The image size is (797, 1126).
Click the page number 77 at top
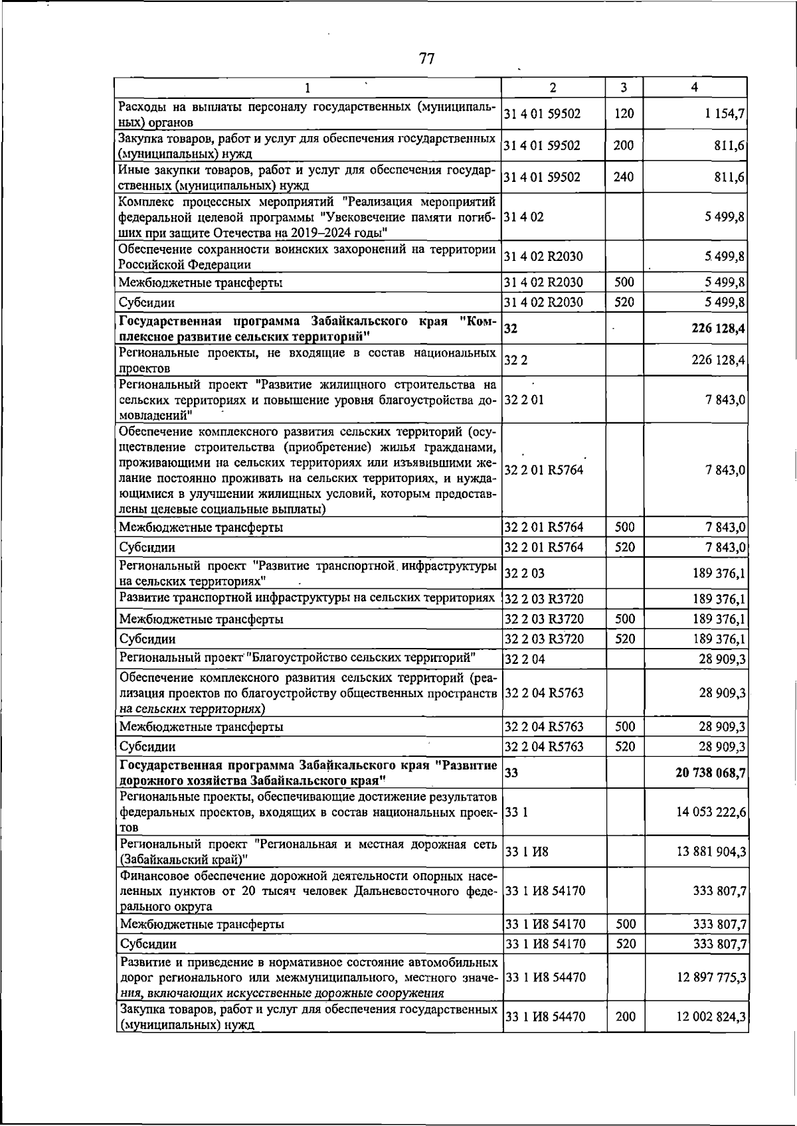[x=427, y=59]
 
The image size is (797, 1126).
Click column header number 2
[x=553, y=88]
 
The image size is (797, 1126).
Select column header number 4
[x=694, y=88]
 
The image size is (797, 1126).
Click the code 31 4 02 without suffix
[x=525, y=217]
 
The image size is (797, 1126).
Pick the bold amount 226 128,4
[x=717, y=328]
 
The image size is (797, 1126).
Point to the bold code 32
[x=511, y=328]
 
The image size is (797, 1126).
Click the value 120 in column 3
[x=624, y=114]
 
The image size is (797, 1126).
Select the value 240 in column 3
[x=624, y=177]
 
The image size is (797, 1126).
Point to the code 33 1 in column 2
[x=517, y=812]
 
